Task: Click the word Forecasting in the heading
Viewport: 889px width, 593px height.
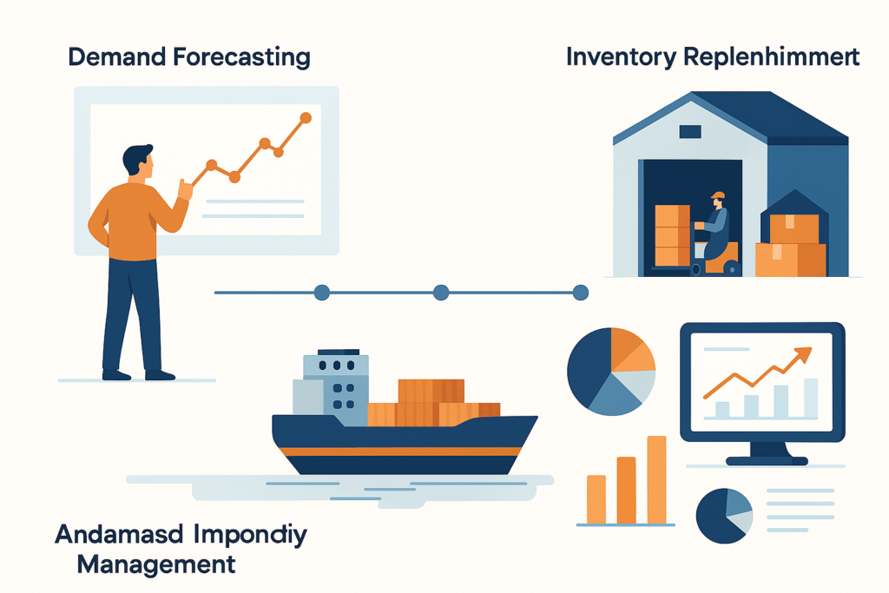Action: (241, 58)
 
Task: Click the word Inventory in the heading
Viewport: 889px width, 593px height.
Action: (621, 58)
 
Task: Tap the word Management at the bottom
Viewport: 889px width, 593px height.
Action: (156, 564)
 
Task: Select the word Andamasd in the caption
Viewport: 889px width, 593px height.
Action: (119, 535)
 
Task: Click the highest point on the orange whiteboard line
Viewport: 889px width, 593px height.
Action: (306, 118)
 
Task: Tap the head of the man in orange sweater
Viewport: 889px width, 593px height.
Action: (138, 161)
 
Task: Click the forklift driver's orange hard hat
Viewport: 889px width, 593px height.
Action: (718, 195)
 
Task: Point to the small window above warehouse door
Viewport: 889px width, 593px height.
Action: (690, 131)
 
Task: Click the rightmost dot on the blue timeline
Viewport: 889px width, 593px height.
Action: (581, 293)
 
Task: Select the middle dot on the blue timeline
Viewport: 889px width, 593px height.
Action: (441, 293)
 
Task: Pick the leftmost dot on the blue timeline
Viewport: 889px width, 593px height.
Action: (322, 293)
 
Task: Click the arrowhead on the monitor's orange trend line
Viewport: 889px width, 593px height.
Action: (803, 355)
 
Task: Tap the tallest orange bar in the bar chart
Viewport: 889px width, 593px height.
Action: (656, 479)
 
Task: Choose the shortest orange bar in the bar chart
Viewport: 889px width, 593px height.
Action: (596, 499)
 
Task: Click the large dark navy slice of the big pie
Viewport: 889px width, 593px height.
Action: (588, 367)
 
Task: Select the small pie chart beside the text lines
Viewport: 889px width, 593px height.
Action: (724, 516)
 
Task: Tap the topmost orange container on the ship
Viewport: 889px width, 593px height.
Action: (431, 392)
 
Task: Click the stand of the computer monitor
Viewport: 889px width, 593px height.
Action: (767, 453)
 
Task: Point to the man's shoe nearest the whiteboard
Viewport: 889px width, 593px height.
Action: (160, 375)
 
